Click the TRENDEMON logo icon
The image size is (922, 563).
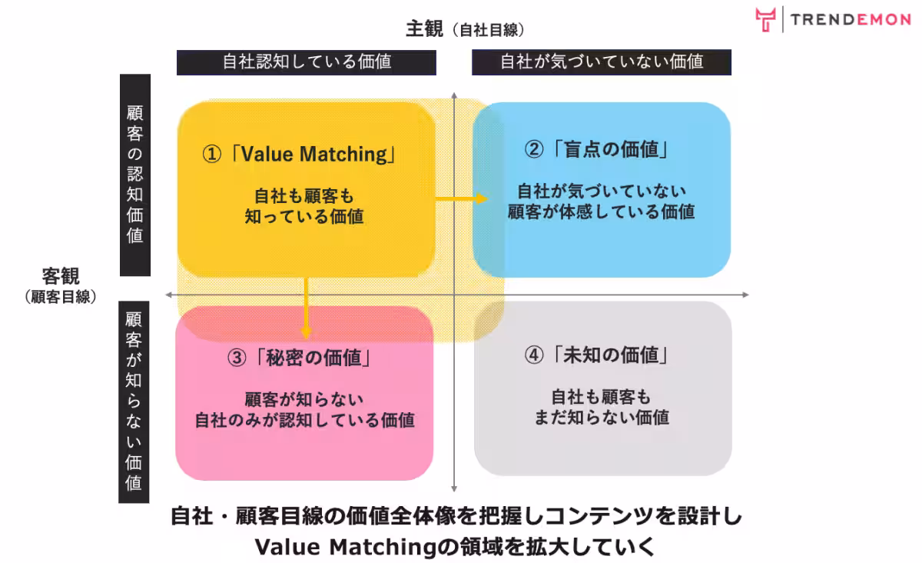764,19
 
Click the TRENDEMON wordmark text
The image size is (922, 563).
851,20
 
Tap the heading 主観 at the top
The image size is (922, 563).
425,29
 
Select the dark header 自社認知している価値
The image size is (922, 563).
307,62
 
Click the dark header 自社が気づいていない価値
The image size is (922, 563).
602,62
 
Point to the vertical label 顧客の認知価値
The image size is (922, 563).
134,174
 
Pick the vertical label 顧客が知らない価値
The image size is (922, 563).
134,401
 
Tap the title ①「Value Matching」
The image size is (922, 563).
300,155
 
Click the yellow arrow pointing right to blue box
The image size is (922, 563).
461,198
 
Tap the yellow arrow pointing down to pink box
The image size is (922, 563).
307,308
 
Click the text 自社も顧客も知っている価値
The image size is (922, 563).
304,206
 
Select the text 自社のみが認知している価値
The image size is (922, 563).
304,420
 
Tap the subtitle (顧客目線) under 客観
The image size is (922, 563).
61,297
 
